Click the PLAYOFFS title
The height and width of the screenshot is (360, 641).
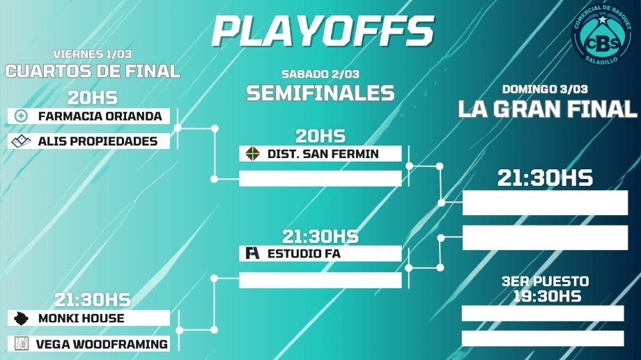click(323, 31)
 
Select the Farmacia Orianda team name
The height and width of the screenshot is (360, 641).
click(100, 116)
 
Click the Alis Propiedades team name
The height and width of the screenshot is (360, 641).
click(98, 141)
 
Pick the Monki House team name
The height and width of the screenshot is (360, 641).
click(82, 318)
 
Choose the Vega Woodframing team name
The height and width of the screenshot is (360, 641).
click(102, 345)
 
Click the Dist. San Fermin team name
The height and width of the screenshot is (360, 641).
click(323, 154)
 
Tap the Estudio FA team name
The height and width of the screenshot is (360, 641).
click(304, 253)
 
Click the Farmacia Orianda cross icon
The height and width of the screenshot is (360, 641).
click(22, 116)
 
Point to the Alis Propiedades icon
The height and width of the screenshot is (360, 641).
click(22, 141)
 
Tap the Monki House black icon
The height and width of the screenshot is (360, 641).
click(21, 318)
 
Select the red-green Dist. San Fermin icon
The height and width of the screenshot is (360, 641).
click(253, 154)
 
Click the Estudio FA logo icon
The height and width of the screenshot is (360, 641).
click(252, 253)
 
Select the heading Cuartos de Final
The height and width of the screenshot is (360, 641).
click(93, 72)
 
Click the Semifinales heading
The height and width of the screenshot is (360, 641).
click(320, 93)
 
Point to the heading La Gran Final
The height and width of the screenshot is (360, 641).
click(548, 109)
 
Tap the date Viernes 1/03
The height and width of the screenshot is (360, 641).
click(93, 54)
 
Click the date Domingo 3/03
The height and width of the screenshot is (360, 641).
click(545, 89)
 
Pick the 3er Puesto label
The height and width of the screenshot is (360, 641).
click(546, 281)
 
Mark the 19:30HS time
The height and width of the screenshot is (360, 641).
click(547, 296)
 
